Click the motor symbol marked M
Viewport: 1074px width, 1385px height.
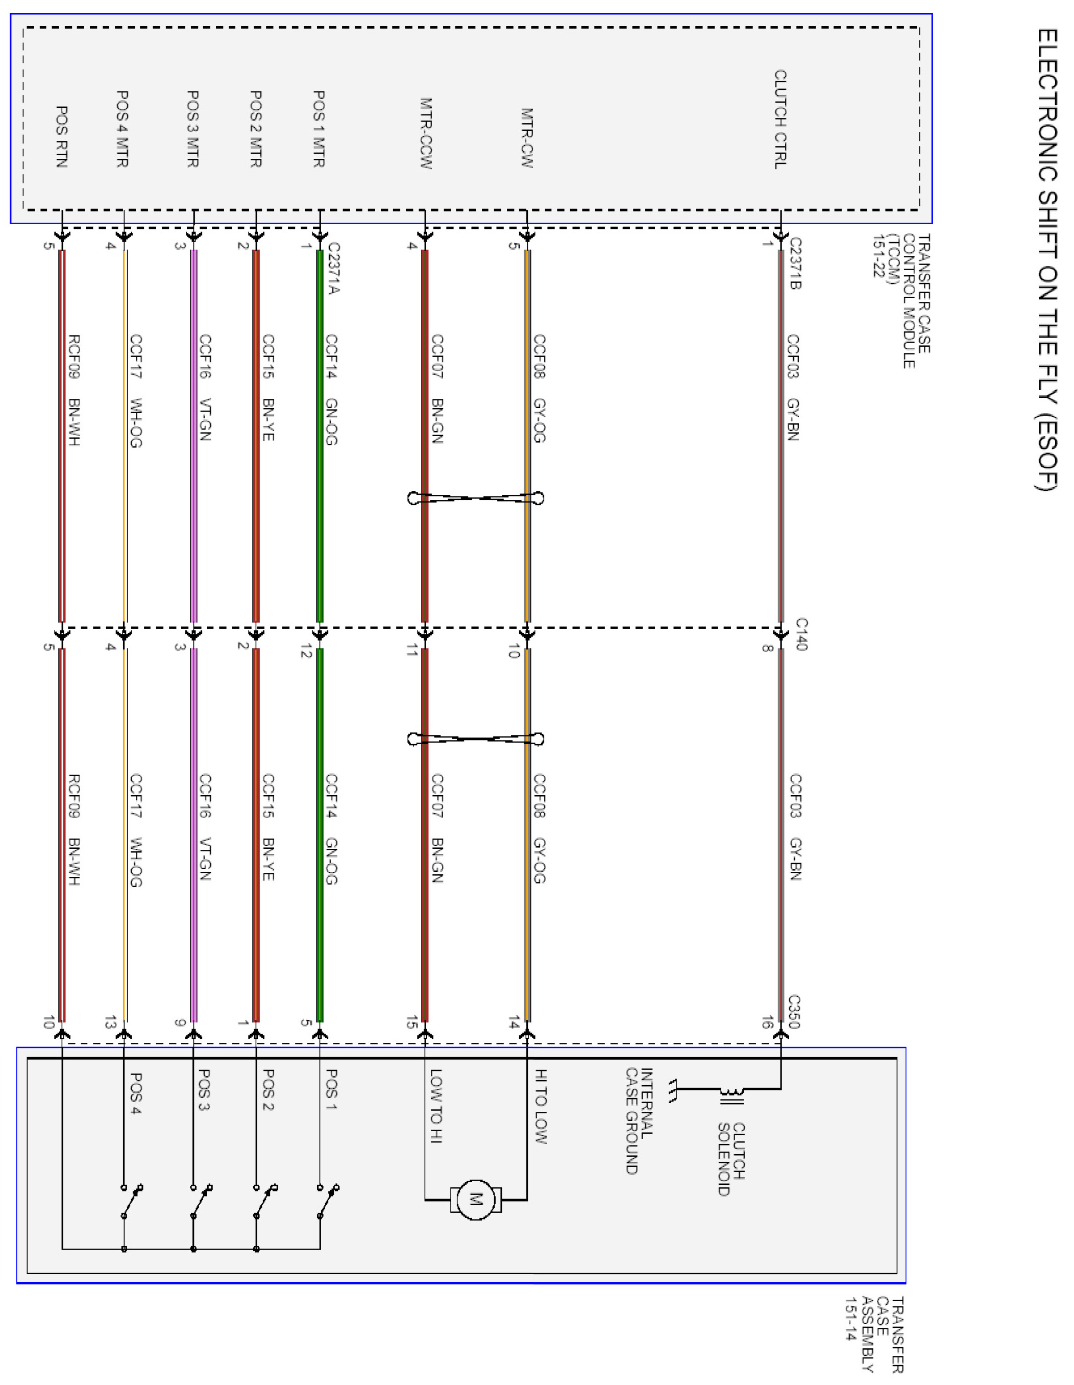[476, 1200]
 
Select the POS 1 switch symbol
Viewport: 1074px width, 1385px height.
[327, 1201]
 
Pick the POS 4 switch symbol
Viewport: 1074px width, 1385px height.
[132, 1201]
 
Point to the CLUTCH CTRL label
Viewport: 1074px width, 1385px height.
[780, 119]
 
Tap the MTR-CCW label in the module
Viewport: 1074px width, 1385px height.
[425, 133]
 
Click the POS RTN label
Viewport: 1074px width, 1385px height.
[61, 136]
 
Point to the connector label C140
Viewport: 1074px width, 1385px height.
[801, 634]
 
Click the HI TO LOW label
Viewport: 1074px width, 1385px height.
[540, 1106]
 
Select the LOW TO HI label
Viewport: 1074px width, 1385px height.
[436, 1106]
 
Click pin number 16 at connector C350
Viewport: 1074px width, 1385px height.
[767, 1022]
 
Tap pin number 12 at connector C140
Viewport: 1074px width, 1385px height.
[306, 651]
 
